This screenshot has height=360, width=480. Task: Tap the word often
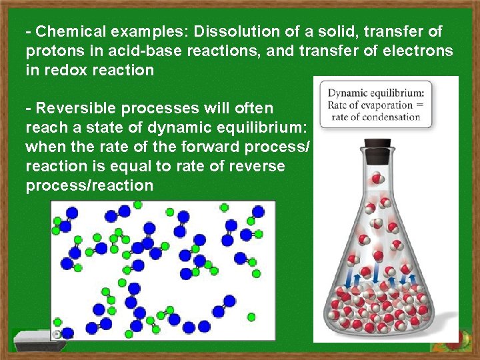[251, 108]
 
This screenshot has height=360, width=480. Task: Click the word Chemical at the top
[65, 31]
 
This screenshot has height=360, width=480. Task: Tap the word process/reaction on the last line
[89, 185]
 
